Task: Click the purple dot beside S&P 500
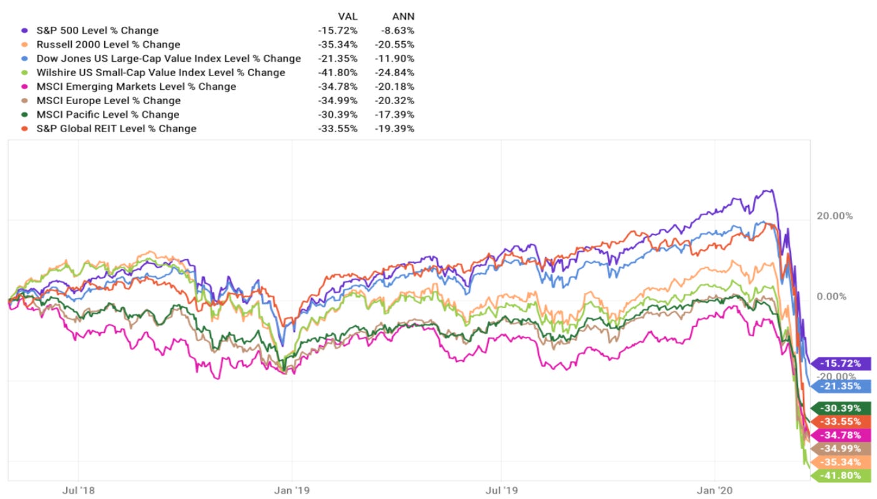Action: point(24,31)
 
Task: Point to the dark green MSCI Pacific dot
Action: point(24,115)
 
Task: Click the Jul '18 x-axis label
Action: point(79,490)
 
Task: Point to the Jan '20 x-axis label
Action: point(715,490)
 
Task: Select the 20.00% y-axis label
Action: point(835,216)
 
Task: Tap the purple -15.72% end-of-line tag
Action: point(840,363)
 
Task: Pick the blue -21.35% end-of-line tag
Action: point(840,386)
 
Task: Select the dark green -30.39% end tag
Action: point(840,408)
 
